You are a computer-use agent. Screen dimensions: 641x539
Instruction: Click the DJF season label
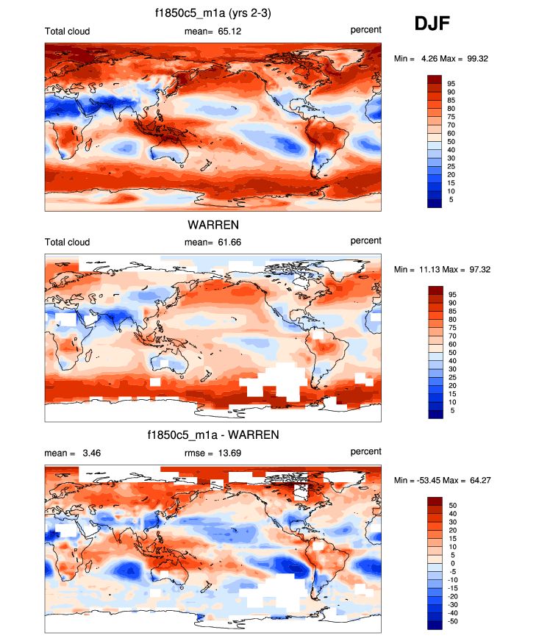(x=432, y=24)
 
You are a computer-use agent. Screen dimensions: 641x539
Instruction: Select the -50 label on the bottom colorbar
(x=454, y=621)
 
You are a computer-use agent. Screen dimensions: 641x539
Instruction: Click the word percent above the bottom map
(x=365, y=451)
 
